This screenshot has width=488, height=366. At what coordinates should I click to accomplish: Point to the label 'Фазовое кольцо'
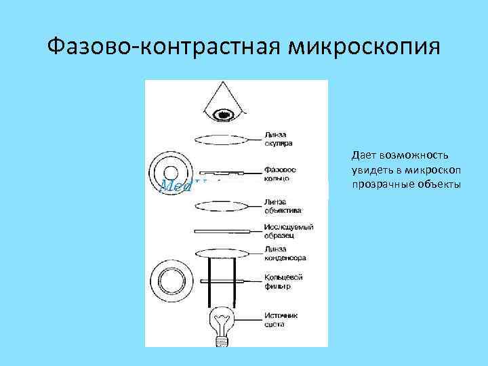coord(278,173)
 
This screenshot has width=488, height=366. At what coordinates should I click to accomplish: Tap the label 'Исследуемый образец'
coord(287,231)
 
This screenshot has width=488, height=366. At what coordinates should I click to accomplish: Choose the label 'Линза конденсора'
coord(285,253)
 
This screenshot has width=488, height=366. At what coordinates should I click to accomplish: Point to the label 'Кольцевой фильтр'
coord(283,282)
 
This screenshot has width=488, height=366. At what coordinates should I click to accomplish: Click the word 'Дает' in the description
coord(365,157)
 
